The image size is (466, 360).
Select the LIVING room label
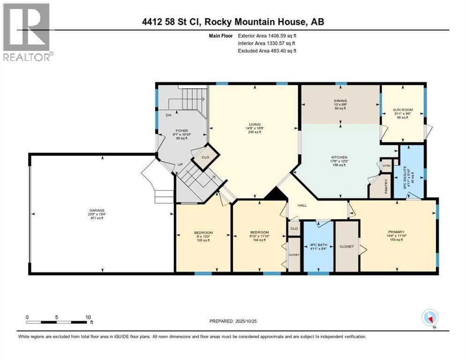(255, 124)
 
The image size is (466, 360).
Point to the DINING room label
(340, 99)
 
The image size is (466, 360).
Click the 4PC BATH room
(319, 245)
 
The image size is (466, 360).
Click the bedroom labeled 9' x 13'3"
(203, 233)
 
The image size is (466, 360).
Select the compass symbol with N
(430, 318)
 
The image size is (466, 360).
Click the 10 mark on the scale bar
(88, 317)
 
